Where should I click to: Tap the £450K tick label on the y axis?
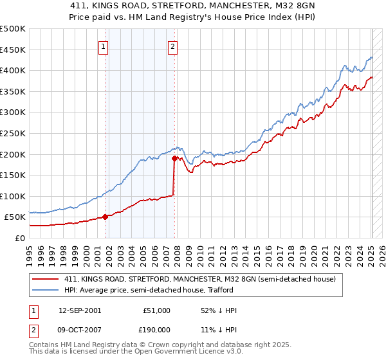coord(13,50)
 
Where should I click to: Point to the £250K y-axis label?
coord(13,133)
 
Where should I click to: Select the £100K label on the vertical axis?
coord(13,196)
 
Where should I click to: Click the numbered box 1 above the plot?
coord(104,46)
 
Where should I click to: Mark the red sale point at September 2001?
coord(105,217)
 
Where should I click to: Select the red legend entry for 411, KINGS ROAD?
coord(199,279)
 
